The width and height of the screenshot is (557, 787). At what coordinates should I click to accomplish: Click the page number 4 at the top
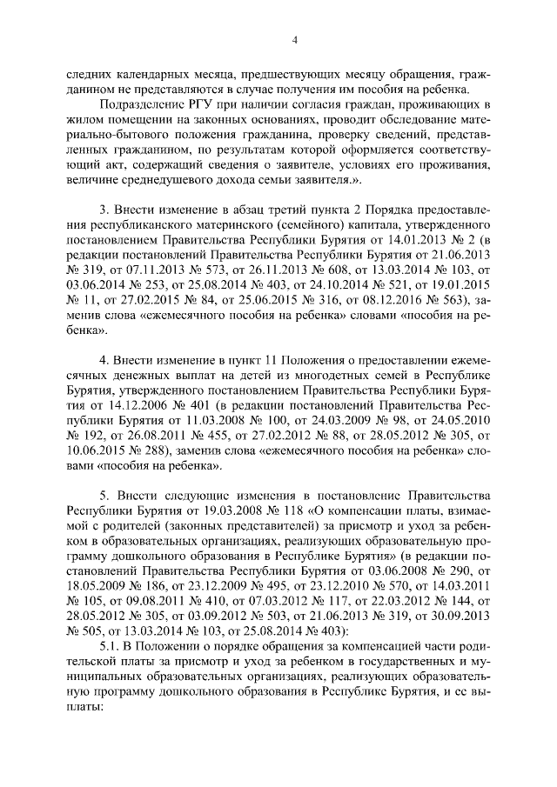click(x=295, y=39)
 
